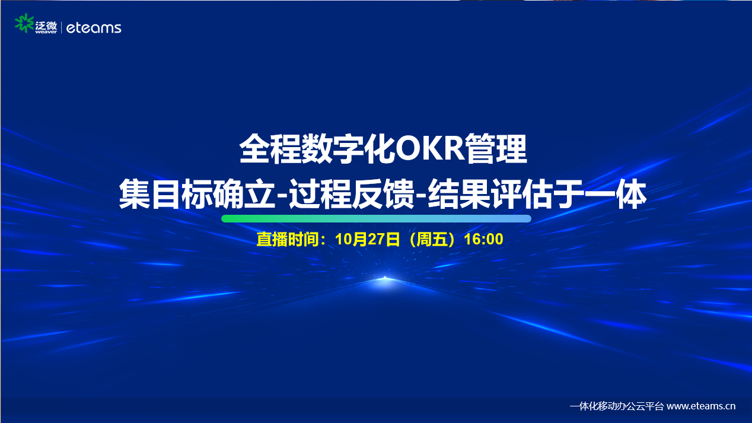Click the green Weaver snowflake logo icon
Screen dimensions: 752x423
click(24, 23)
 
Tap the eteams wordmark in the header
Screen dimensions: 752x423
click(94, 28)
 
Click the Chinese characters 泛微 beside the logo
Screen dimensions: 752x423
click(46, 26)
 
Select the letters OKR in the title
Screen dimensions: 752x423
click(430, 148)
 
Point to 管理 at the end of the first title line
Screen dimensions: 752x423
click(496, 149)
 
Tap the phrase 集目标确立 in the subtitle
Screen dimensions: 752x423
click(197, 195)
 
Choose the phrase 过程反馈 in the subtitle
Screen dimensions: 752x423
click(352, 195)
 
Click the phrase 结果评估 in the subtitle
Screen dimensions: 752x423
click(490, 195)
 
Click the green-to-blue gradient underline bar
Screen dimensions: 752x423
click(376, 218)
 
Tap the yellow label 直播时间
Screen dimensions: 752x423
click(288, 239)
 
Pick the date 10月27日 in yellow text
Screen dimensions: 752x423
click(368, 239)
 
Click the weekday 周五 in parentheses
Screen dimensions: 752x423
click(431, 239)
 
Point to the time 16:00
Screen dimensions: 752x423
click(483, 239)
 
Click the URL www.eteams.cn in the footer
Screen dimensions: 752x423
click(701, 406)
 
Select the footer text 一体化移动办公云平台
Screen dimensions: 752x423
click(617, 406)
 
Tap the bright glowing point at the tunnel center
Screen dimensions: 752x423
click(385, 278)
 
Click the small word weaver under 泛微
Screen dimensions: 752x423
click(46, 32)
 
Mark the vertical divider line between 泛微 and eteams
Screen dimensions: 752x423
click(62, 27)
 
